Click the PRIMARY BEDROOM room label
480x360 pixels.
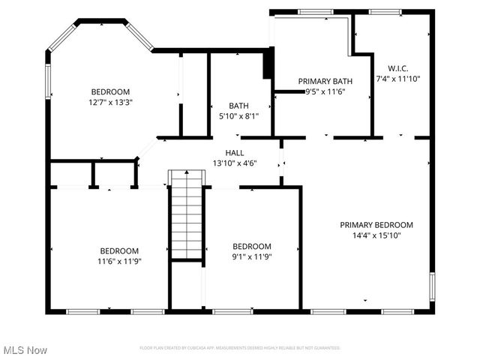pos(376,224)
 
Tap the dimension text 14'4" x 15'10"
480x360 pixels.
pos(376,235)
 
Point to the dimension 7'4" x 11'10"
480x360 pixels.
pos(397,78)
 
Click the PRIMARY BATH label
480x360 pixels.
pos(325,81)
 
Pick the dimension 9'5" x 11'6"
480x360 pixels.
pos(325,91)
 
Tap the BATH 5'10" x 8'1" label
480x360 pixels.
pos(239,111)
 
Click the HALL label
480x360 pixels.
pos(234,152)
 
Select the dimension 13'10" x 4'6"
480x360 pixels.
pos(234,163)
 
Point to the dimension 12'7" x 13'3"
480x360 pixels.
pos(111,102)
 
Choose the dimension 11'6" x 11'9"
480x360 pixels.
pos(120,261)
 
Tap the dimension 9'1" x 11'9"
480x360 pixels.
pos(251,256)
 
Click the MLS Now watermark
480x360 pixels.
pos(25,350)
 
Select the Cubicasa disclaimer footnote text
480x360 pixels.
pos(240,348)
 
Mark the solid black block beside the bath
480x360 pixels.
pos(267,64)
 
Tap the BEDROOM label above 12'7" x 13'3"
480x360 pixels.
pos(111,91)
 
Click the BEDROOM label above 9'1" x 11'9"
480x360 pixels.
pos(251,246)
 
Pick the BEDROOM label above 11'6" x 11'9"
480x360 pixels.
pos(120,250)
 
